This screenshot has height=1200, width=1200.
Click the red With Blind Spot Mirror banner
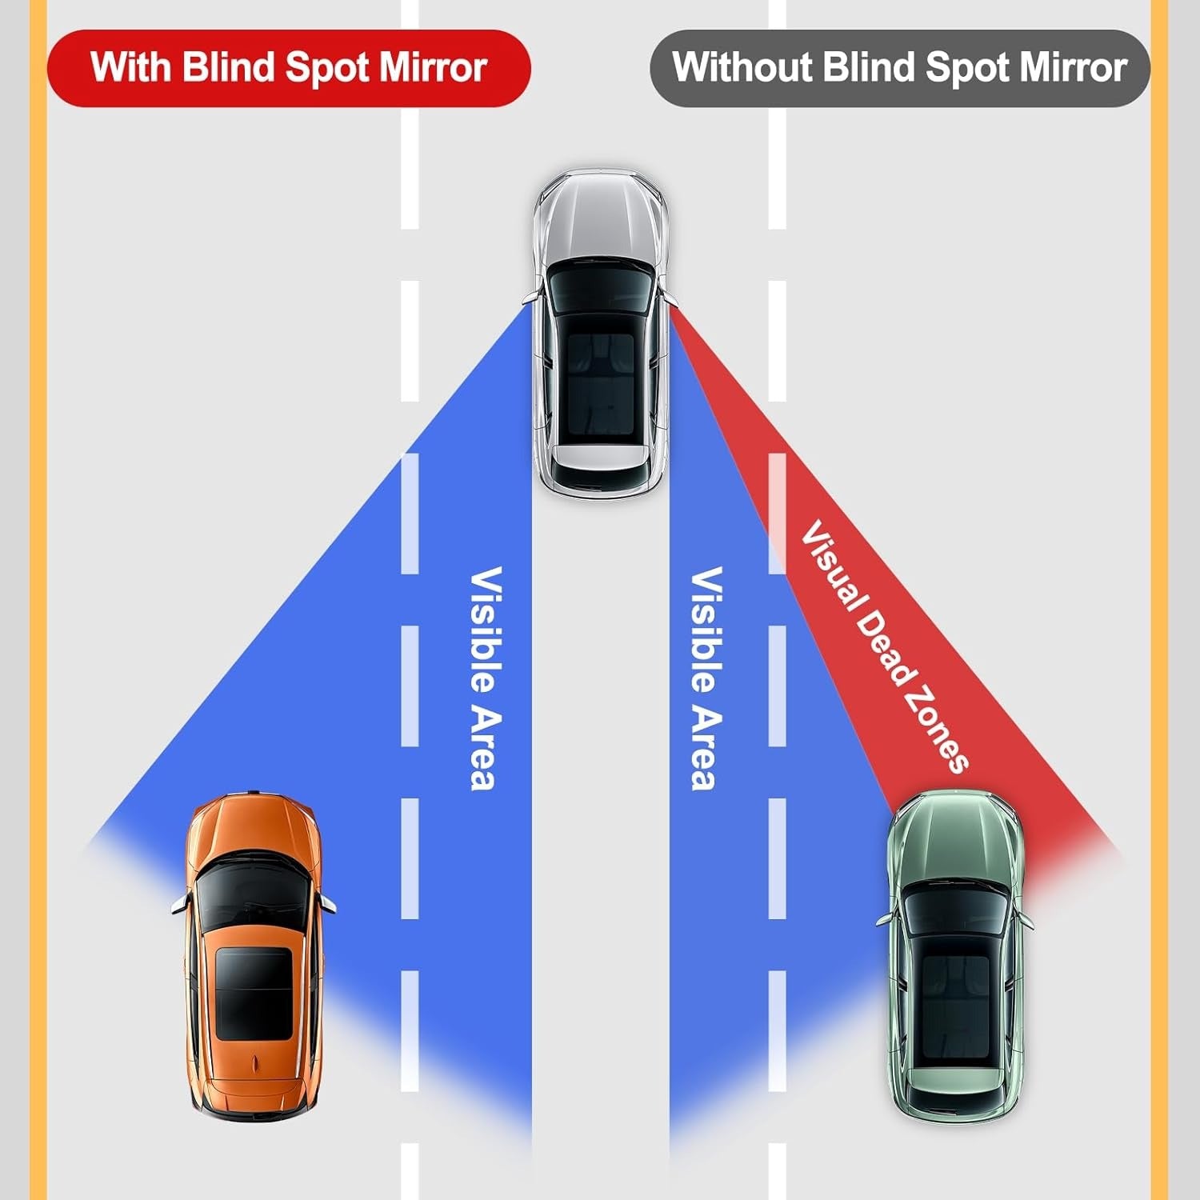pos(288,68)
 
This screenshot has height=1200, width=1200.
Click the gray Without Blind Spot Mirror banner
pos(899,68)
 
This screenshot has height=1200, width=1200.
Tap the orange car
pos(252,952)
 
